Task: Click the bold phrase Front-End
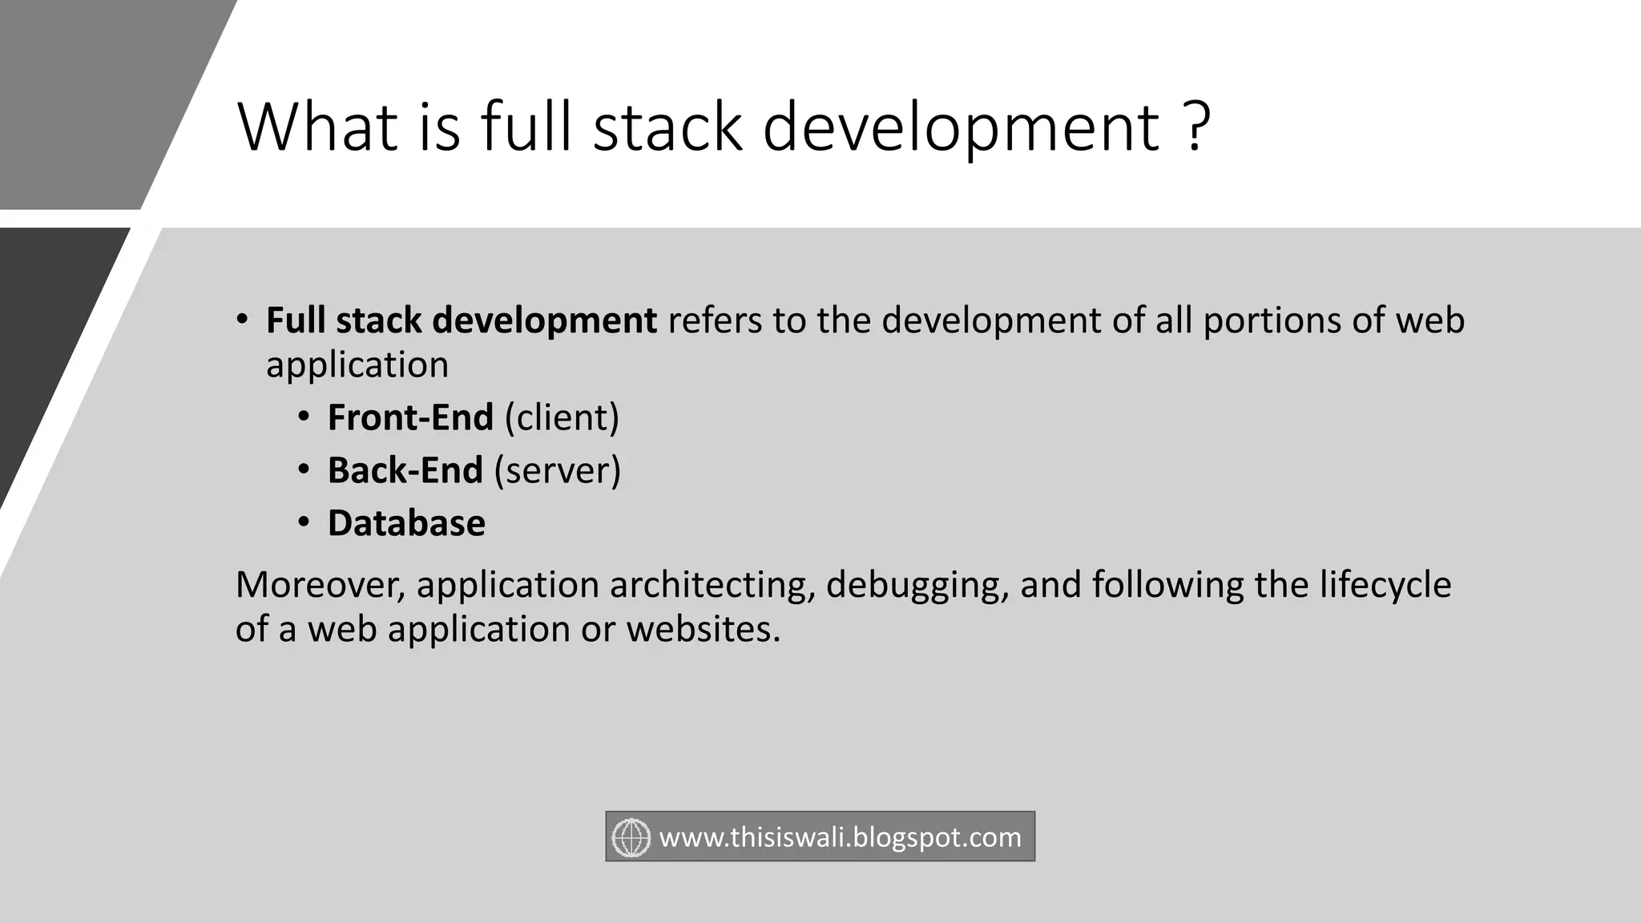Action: [410, 417]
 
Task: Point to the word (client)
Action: [562, 417]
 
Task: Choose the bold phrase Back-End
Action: [405, 470]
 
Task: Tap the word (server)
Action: [558, 470]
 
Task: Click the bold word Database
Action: [406, 523]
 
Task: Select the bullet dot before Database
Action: [303, 522]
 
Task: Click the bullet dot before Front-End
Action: [303, 417]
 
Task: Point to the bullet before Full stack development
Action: [241, 320]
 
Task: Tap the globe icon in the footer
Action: [631, 837]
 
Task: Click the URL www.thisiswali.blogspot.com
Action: [840, 837]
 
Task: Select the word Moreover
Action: [320, 585]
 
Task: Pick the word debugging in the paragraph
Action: [917, 585]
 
